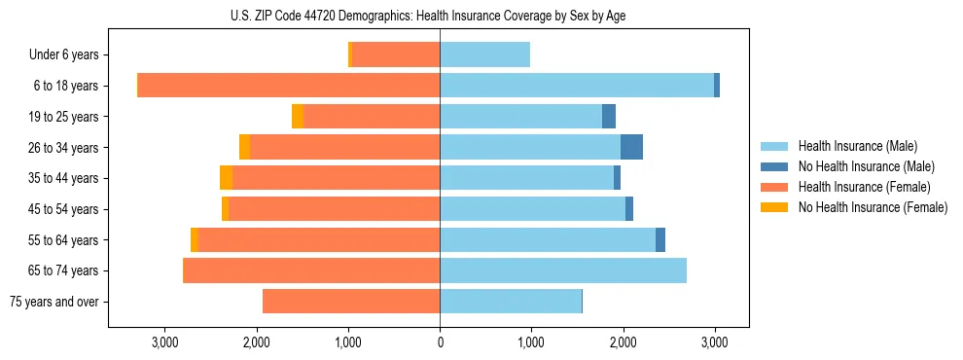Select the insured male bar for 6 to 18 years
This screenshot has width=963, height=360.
577,86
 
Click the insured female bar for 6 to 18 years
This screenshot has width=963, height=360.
289,86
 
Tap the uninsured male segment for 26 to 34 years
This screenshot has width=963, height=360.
631,147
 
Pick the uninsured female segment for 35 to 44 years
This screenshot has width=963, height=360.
226,178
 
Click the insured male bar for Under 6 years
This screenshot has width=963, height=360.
484,54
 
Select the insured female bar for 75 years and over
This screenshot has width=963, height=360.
351,302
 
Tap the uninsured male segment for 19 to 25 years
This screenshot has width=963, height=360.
609,117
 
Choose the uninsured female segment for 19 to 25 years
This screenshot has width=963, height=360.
298,117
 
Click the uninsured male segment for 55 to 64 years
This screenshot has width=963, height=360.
660,239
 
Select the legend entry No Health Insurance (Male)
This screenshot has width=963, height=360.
859,166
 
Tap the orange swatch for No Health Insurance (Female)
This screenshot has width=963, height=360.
775,207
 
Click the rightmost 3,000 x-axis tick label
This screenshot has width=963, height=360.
715,342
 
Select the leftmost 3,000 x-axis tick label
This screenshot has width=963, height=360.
164,342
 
